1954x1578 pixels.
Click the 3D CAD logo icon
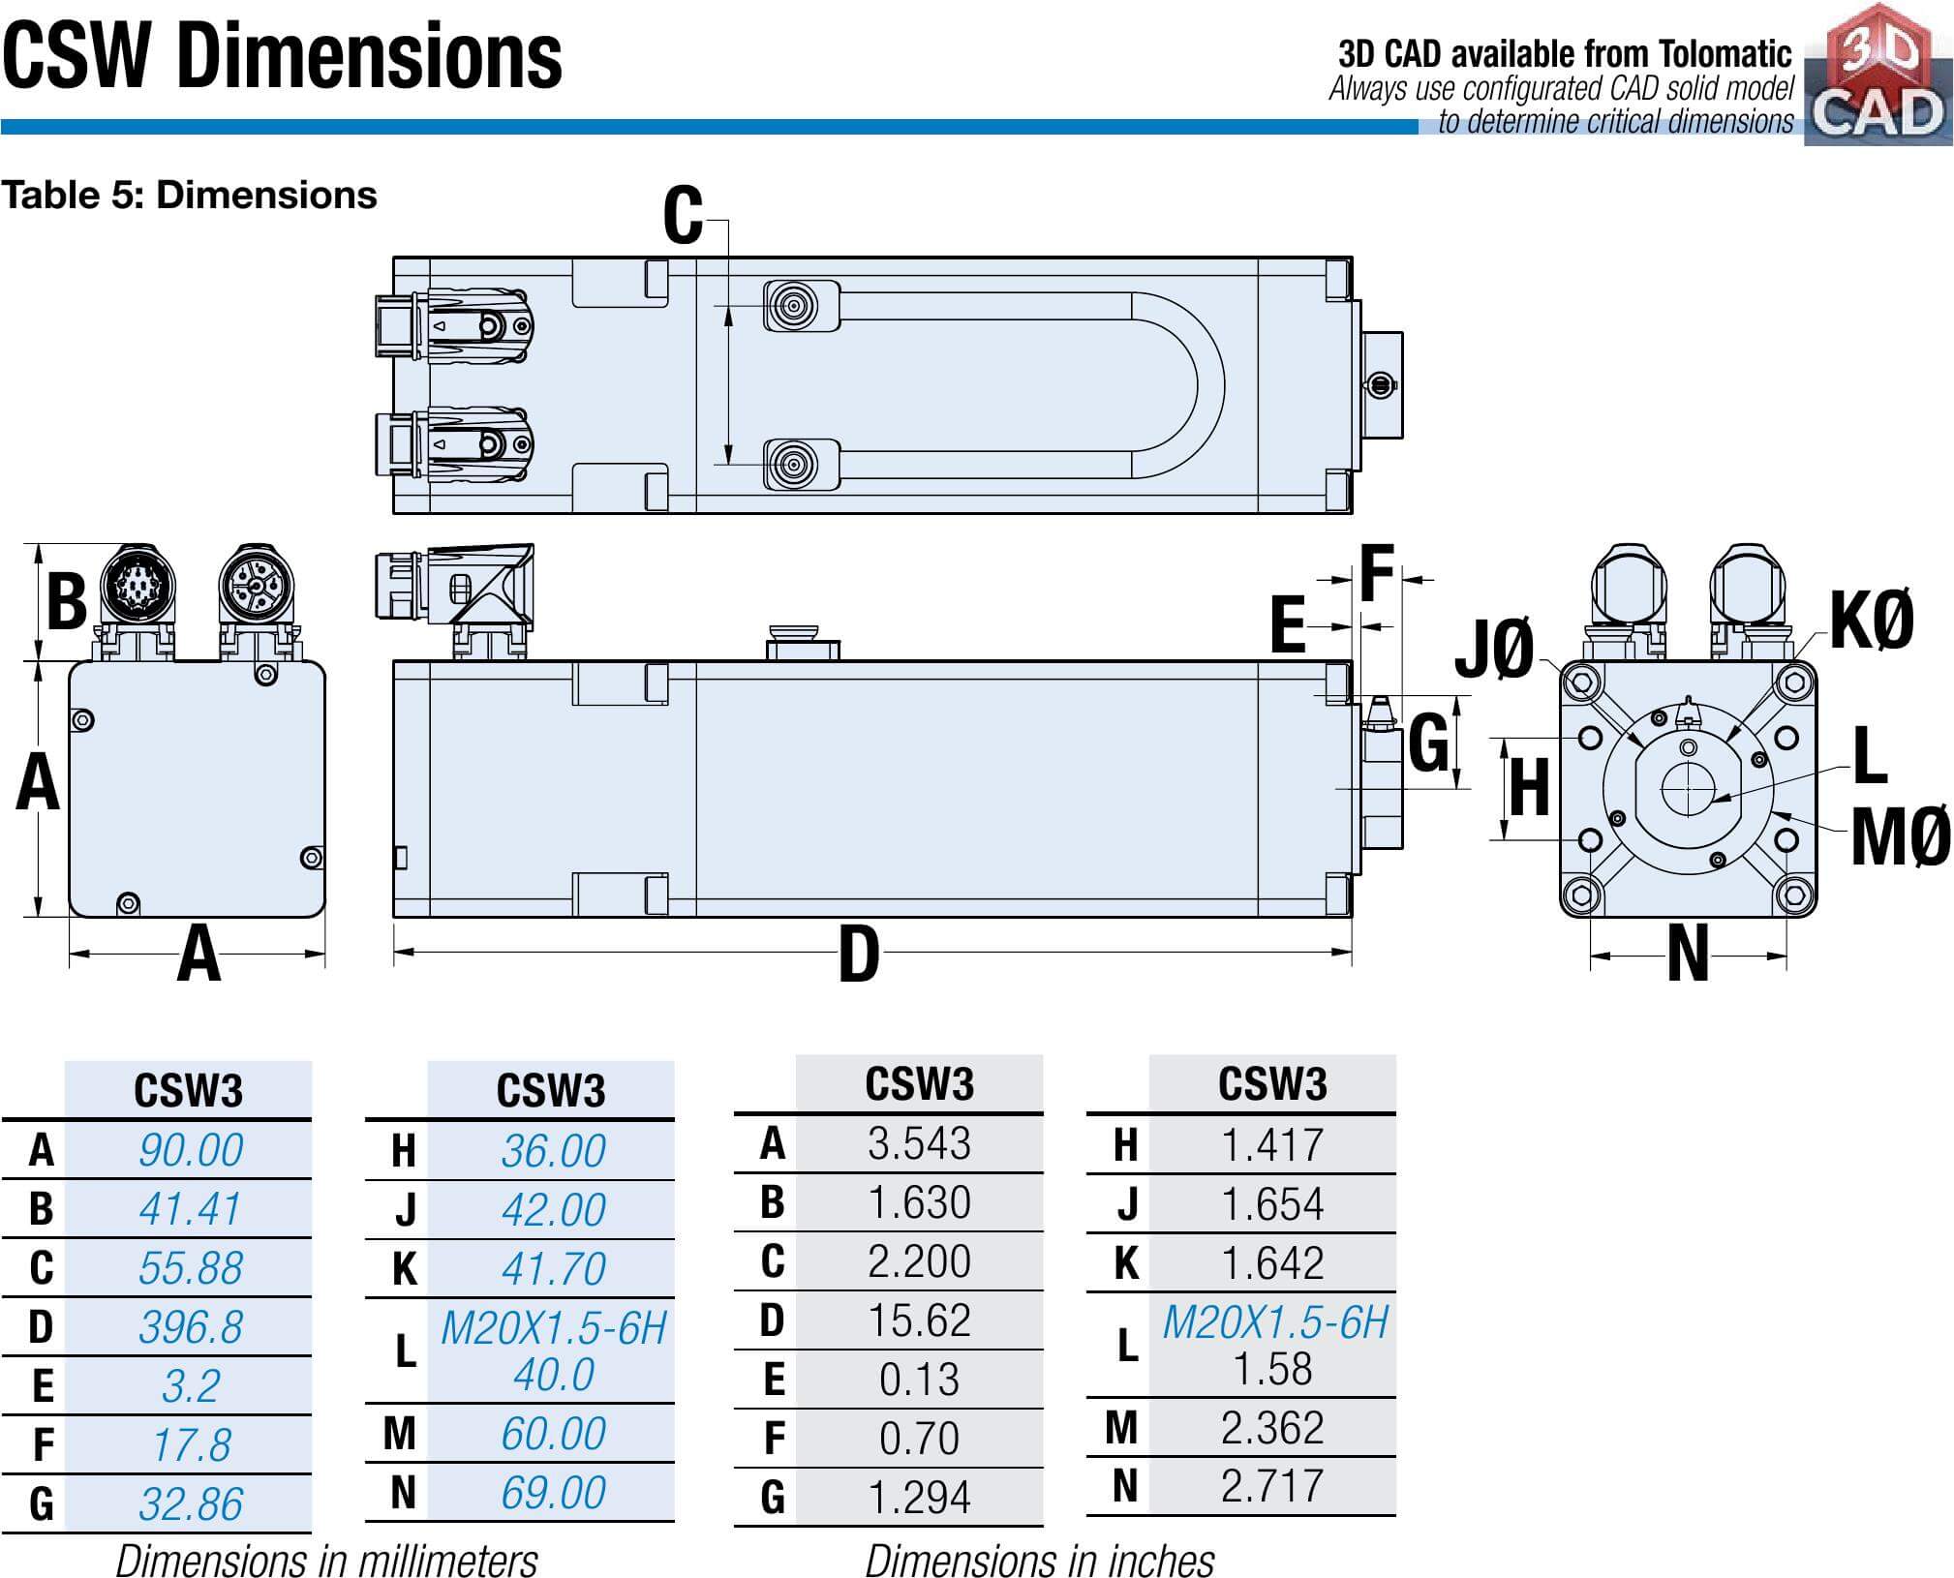(1877, 76)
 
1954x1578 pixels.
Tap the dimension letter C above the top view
(683, 217)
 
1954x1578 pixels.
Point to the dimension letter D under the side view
(859, 956)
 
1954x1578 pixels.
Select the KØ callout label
(1871, 621)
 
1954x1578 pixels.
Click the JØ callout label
(1495, 649)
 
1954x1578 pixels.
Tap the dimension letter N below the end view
(1688, 956)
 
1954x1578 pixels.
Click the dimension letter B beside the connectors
(66, 601)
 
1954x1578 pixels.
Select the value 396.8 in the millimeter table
(190, 1326)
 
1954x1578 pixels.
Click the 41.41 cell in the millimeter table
(190, 1208)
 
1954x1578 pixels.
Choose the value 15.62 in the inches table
(919, 1320)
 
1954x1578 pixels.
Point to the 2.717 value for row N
(1272, 1486)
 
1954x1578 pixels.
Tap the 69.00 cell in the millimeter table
(553, 1492)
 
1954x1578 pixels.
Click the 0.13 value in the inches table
(919, 1380)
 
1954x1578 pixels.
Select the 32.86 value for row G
(190, 1503)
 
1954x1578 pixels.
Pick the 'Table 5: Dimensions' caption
(189, 196)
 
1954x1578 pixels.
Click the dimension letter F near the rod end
(1376, 573)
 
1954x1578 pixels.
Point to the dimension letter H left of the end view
(1529, 788)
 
